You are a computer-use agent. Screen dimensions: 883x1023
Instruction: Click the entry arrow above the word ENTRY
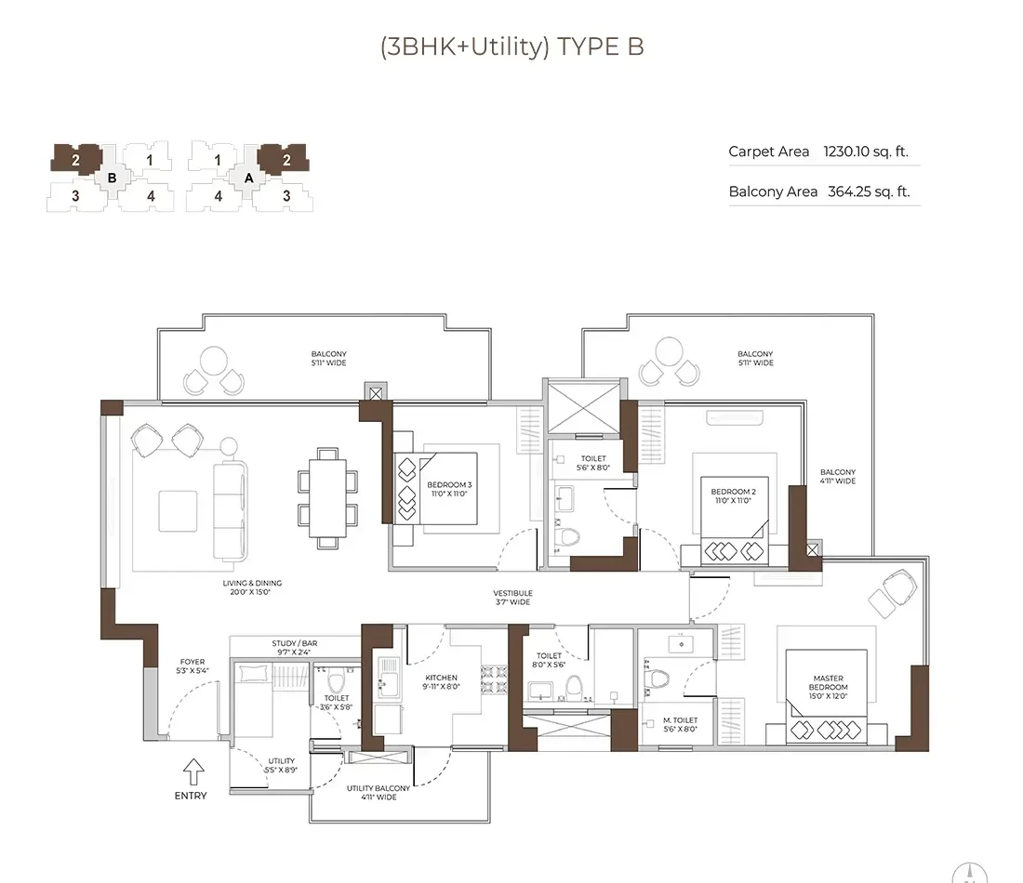coord(193,771)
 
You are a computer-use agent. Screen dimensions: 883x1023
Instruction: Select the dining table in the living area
coord(326,498)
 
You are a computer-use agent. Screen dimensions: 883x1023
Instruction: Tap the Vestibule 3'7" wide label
coord(512,598)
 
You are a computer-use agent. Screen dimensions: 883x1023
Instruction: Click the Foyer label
coord(193,666)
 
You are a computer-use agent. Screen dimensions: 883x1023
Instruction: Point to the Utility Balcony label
coord(379,792)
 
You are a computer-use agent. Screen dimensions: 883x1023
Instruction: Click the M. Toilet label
coord(680,725)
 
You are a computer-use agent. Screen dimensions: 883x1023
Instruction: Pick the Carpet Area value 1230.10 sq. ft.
coord(866,152)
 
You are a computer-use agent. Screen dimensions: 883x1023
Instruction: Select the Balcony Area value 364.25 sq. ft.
coord(869,192)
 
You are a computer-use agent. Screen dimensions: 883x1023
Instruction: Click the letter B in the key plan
coord(113,178)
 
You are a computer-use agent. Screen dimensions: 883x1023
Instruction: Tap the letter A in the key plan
coord(248,178)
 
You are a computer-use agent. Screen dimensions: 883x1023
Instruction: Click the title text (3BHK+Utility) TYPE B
coord(511,47)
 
